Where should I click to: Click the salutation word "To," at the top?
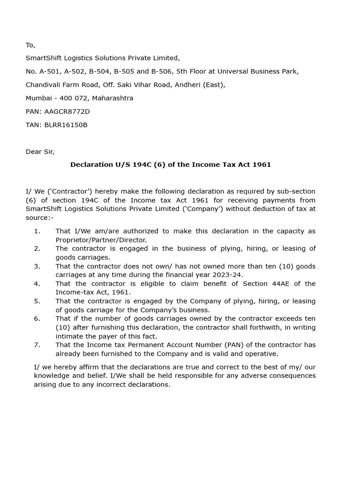30,45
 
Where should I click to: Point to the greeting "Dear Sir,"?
40,151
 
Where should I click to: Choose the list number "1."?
37,231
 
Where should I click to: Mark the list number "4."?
37,284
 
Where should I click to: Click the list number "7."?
37,345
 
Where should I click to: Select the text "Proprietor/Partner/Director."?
101,240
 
